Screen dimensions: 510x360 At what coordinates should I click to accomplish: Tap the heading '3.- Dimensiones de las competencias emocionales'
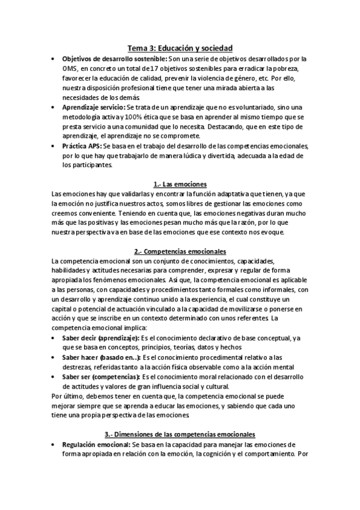coord(180,434)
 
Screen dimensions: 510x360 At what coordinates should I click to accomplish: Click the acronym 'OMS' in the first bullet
coord(70,69)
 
